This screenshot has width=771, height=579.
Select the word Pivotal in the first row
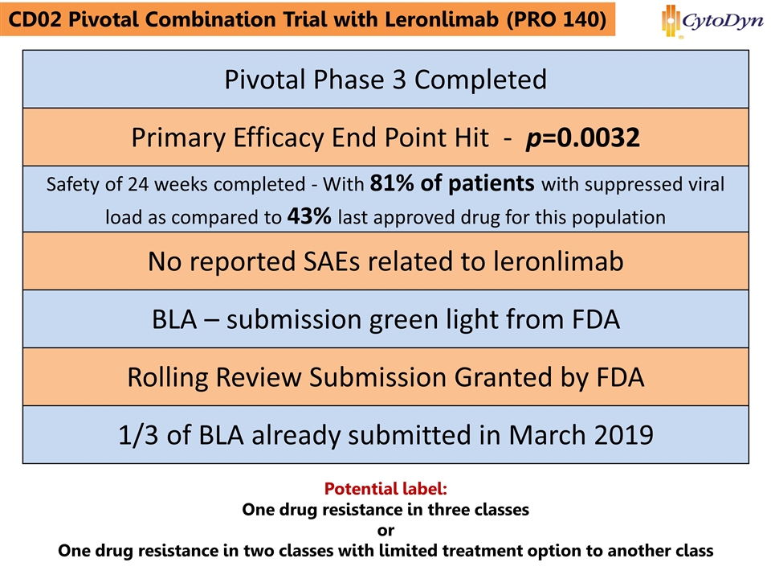(x=267, y=79)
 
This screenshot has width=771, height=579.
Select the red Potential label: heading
(x=385, y=489)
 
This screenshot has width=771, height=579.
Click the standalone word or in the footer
(x=385, y=531)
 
